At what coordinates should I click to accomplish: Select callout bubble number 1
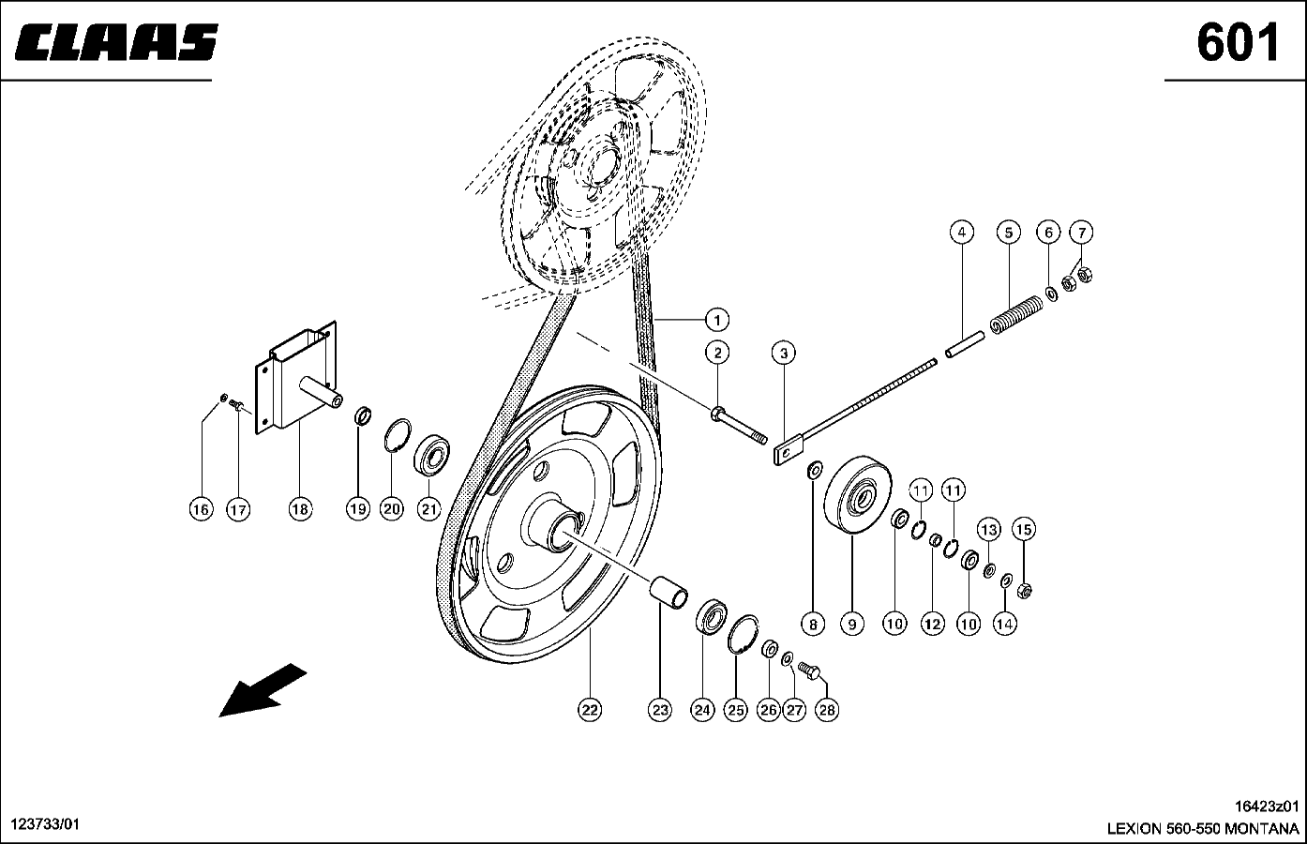[x=716, y=320]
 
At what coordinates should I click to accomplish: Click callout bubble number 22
[x=589, y=710]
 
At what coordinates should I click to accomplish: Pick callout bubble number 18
[x=299, y=509]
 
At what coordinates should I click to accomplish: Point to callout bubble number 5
[x=1007, y=233]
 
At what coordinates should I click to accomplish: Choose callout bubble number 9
[x=851, y=623]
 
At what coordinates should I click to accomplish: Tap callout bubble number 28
[x=826, y=710]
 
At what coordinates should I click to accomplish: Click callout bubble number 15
[x=1024, y=530]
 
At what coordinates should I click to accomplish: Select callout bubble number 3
[x=784, y=353]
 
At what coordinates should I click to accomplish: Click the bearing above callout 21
[x=434, y=454]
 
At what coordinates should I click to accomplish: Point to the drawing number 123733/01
[x=45, y=823]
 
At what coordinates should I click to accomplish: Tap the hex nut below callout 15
[x=1025, y=590]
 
